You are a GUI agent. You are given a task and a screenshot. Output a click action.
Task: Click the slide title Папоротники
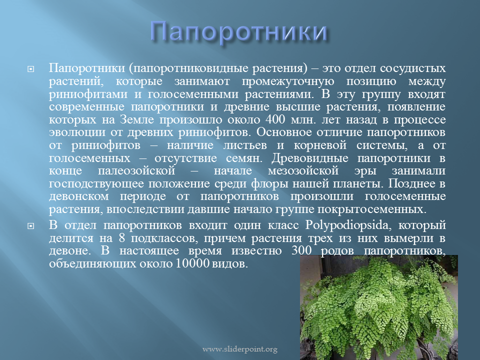pos(239,32)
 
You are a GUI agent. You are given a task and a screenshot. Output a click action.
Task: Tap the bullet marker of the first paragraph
pos(30,69)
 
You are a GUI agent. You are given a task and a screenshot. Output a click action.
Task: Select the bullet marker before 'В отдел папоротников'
pos(30,226)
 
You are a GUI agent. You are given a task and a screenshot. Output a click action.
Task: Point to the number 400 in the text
pos(275,119)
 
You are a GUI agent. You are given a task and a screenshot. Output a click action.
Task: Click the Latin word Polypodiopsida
pos(346,225)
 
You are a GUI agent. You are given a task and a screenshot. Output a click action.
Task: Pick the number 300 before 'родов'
pos(301,250)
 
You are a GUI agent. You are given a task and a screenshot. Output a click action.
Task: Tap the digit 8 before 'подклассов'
pos(122,238)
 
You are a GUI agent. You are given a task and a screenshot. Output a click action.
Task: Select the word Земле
pos(137,119)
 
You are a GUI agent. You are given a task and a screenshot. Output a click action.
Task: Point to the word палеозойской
pos(136,170)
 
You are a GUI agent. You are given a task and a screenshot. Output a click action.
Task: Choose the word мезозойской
pos(303,170)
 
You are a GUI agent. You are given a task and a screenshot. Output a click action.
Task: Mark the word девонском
pos(78,196)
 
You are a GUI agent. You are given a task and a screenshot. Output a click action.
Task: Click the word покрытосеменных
pos(371,209)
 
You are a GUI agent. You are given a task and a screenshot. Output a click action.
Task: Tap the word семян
pos(244,158)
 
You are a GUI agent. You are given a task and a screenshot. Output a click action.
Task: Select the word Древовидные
pos(310,158)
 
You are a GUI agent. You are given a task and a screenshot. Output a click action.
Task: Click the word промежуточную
pos(288,81)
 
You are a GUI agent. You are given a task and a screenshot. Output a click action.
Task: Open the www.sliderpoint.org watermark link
pos(240,349)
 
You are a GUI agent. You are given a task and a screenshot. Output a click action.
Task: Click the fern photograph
pos(379,307)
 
